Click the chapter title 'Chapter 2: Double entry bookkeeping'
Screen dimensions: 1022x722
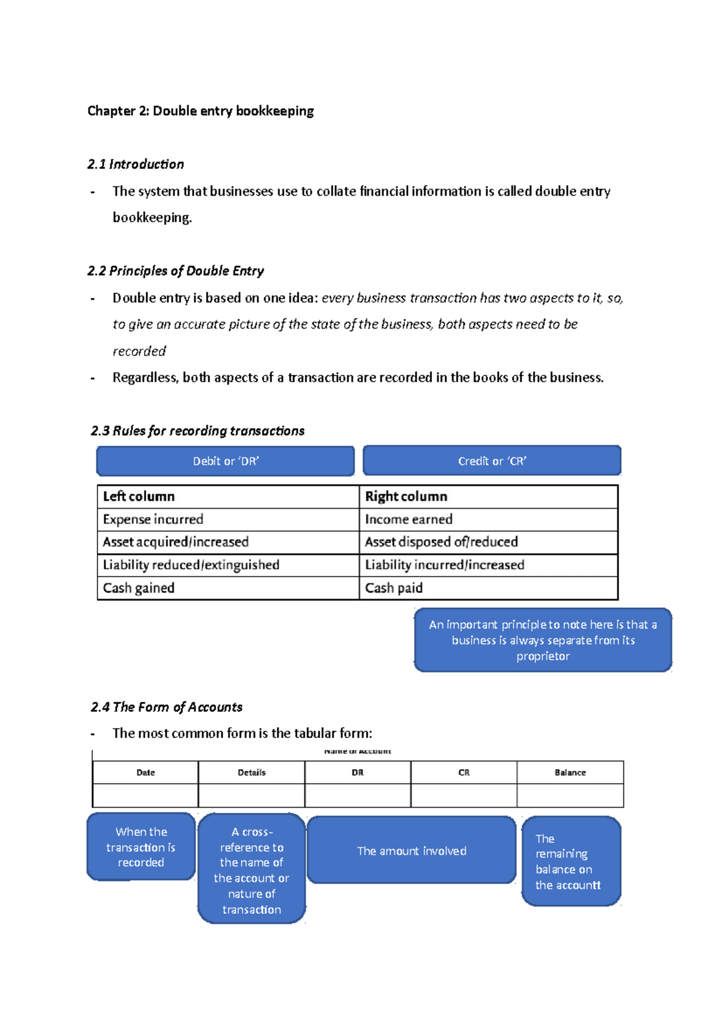coord(200,111)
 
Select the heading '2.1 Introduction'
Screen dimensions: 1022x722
coord(135,164)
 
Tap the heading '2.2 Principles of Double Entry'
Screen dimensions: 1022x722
coord(175,271)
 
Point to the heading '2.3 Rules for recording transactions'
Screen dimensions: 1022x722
coord(197,431)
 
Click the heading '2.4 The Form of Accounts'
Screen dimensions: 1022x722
coord(167,707)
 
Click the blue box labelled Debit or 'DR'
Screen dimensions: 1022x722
coord(226,461)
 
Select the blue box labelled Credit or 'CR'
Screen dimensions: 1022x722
coord(492,461)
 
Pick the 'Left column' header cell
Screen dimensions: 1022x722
coord(139,497)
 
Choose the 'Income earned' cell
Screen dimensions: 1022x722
coord(409,519)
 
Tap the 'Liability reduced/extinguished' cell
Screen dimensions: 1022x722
coord(191,565)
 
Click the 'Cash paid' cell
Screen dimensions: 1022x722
coord(393,588)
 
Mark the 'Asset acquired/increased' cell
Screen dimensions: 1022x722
coord(175,542)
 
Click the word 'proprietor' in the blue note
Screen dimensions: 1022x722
coord(543,656)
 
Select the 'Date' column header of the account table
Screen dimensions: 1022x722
coord(146,773)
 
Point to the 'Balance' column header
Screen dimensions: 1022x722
coord(570,773)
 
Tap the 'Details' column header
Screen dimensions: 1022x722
coord(251,773)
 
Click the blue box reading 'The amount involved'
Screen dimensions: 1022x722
coord(412,850)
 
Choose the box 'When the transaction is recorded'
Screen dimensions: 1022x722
coord(141,847)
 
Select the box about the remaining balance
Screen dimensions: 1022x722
coord(570,861)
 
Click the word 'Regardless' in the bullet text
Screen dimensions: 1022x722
coord(144,378)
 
